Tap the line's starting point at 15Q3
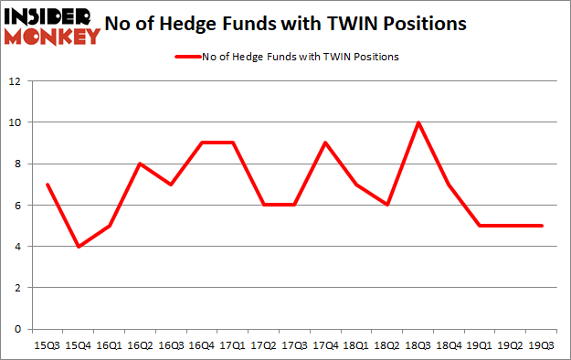click(x=47, y=185)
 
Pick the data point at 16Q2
click(x=139, y=164)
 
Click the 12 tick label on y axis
click(x=15, y=81)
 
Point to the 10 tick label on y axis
click(x=15, y=122)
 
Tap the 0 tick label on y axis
click(x=17, y=329)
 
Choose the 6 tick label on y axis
click(x=17, y=205)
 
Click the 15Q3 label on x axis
click(x=47, y=345)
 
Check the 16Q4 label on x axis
click(x=200, y=345)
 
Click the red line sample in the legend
click(x=187, y=57)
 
